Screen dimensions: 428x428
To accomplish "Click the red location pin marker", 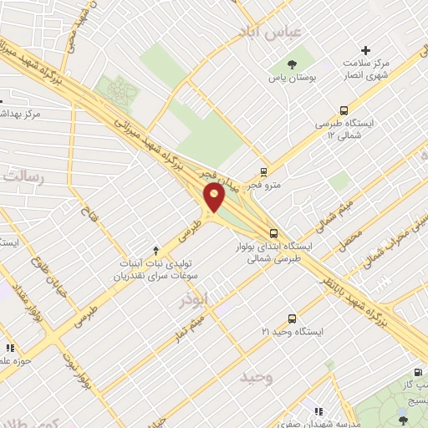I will click(215, 197).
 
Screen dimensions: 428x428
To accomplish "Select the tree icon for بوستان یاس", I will click(292, 64).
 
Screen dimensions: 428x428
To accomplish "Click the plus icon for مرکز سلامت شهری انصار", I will click(364, 51).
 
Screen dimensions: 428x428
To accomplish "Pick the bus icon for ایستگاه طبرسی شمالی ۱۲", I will click(344, 110).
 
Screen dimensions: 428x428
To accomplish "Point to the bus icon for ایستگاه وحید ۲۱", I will click(292, 318).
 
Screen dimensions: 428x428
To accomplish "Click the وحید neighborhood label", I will click(256, 378).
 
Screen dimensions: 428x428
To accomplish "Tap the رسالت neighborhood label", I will click(22, 176).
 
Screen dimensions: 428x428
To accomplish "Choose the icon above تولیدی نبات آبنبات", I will click(156, 250).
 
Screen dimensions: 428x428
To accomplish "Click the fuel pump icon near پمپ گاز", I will click(416, 373).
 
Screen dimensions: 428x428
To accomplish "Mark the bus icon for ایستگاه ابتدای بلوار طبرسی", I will click(273, 233).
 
